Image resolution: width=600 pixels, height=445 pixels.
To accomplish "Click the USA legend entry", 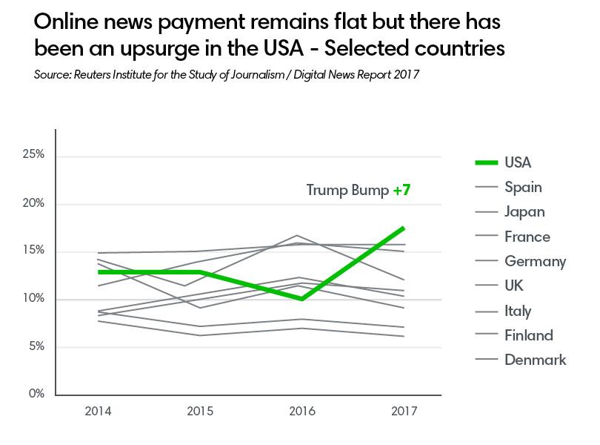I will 518,162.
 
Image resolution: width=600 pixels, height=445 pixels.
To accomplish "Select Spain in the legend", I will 523,187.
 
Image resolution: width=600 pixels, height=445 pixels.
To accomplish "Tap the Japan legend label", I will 524,211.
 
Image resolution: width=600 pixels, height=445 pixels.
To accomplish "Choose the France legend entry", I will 527,237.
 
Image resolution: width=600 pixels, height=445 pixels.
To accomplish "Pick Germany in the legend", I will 535,261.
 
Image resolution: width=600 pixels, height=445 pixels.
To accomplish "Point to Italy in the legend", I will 518,311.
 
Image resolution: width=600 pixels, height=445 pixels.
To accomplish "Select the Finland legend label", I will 528,335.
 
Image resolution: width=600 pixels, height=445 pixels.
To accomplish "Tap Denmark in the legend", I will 535,360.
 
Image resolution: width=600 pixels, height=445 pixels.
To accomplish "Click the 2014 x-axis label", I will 99,409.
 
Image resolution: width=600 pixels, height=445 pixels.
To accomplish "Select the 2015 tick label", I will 200,409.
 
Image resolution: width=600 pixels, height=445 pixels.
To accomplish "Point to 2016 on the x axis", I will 301,409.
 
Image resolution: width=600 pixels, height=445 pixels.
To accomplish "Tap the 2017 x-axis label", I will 404,409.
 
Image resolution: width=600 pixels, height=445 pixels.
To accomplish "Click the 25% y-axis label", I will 34,155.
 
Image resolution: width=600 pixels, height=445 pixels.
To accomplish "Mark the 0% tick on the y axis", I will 37,394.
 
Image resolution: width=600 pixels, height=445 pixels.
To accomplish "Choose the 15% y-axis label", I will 34,251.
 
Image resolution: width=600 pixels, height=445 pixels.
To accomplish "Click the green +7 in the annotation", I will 401,191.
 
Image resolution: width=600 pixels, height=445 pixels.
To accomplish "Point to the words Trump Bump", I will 347,191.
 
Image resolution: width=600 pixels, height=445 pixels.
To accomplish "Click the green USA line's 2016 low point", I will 302,299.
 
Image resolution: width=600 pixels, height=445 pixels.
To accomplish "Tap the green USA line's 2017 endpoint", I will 404,228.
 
